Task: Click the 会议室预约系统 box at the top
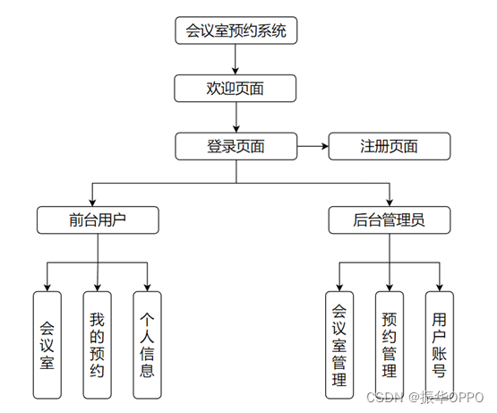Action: click(236, 31)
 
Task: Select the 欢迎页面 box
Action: click(236, 88)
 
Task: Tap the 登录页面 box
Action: click(236, 146)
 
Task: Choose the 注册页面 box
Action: click(389, 146)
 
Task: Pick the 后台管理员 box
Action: click(389, 219)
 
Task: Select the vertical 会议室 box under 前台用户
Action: click(47, 344)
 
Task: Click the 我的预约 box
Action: click(98, 344)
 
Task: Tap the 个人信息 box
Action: click(148, 344)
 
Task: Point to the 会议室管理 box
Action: click(338, 344)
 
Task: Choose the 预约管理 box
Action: click(389, 344)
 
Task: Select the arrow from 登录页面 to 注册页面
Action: click(313, 146)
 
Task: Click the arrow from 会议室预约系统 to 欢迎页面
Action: click(236, 59)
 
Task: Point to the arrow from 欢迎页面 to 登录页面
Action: click(236, 116)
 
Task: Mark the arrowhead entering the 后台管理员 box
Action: click(389, 202)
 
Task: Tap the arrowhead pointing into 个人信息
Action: click(148, 286)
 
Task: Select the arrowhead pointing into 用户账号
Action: click(439, 286)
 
